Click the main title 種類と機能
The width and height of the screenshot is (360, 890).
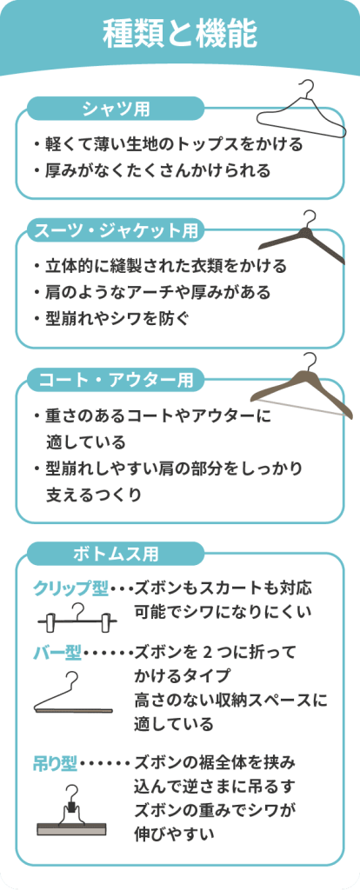pyautogui.click(x=179, y=34)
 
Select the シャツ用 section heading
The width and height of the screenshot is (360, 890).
pyautogui.click(x=116, y=108)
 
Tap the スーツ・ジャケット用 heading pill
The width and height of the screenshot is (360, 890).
pyautogui.click(x=116, y=230)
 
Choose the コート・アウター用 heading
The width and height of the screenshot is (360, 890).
pyautogui.click(x=116, y=380)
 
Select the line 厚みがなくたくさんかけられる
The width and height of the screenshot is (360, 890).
pyautogui.click(x=151, y=169)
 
